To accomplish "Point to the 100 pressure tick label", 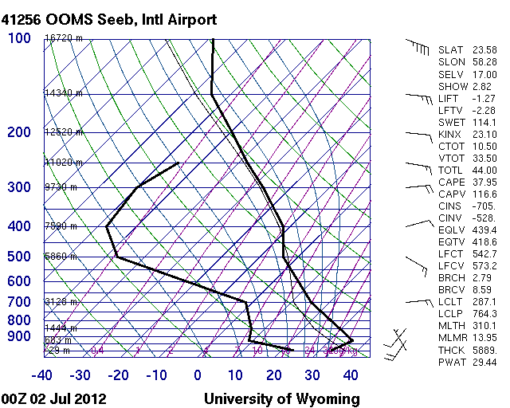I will coord(20,38).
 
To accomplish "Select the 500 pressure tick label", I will coord(20,257).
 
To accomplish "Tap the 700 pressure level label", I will coord(20,302).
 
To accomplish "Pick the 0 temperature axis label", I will coord(198,375).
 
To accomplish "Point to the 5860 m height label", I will coord(61,257).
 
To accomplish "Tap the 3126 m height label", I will coord(61,302).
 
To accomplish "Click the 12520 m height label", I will coord(63,132).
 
